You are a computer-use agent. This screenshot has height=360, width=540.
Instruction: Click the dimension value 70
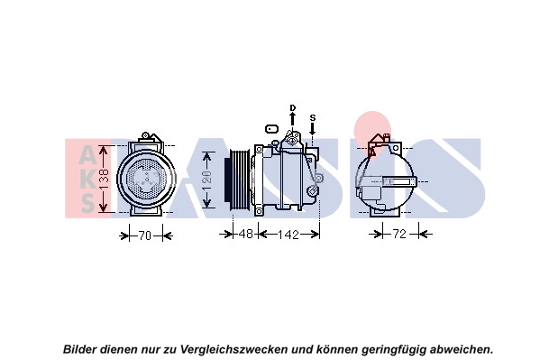click(x=144, y=235)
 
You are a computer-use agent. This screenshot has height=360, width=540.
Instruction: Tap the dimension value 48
click(x=246, y=235)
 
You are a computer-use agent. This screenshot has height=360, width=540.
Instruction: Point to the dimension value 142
click(x=288, y=235)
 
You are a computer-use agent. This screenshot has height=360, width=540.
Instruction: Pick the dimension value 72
click(x=399, y=235)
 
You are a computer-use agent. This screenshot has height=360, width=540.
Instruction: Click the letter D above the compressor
click(x=292, y=108)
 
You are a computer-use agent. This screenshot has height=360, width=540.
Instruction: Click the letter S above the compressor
click(x=312, y=117)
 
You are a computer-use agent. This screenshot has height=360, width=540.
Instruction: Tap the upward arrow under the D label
click(x=292, y=119)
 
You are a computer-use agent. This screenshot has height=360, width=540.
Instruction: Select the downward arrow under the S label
click(x=312, y=129)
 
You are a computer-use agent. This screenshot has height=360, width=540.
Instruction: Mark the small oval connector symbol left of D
click(x=271, y=129)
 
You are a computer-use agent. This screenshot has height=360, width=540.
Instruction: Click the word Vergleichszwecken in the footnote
click(x=234, y=349)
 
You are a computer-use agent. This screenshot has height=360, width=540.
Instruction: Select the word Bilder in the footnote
click(x=80, y=349)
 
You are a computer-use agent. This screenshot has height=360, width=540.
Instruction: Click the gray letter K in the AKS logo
click(x=87, y=180)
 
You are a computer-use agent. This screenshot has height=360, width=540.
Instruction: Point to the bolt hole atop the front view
click(x=145, y=134)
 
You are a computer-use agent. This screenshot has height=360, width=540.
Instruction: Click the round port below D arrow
click(x=292, y=141)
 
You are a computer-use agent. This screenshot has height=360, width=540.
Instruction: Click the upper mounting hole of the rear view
click(x=396, y=149)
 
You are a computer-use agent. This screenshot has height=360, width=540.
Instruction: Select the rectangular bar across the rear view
click(x=400, y=181)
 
